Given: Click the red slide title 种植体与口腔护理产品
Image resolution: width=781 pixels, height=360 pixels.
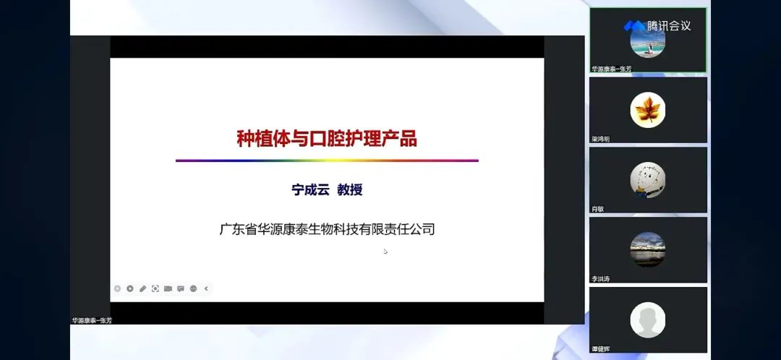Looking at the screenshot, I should (327, 137).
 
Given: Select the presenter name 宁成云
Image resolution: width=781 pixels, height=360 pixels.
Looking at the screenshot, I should (310, 190).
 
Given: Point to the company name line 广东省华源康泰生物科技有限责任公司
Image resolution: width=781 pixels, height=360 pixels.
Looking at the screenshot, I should (327, 230).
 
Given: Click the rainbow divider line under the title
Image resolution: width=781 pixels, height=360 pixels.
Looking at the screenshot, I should (327, 160).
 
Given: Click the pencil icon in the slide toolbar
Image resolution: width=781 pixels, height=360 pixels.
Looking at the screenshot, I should (142, 288).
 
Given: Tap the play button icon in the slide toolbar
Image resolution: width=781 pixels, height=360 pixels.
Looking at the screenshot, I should (130, 288).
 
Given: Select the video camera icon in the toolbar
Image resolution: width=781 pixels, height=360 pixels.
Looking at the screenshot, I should (168, 288).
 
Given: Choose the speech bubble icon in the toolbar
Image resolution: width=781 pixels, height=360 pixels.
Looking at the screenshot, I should (180, 288).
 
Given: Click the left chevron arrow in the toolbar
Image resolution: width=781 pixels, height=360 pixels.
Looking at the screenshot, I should (206, 288).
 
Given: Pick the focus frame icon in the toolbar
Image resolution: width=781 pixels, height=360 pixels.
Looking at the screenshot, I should (155, 288).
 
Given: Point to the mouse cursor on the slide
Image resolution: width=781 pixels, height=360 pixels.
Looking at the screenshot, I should (385, 252).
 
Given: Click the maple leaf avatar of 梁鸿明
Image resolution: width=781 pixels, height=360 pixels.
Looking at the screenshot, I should (647, 111).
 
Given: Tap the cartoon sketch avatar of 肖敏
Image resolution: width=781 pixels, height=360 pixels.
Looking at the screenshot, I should (647, 180).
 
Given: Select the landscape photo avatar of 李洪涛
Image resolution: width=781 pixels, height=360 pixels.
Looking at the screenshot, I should (647, 249).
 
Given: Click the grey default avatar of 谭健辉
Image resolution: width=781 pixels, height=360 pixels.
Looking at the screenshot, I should (647, 320).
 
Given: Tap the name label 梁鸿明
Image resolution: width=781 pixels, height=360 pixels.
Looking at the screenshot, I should (601, 139).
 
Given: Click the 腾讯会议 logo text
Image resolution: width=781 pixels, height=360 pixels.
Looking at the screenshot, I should (669, 26).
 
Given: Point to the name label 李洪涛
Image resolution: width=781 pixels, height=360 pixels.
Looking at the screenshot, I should (601, 278).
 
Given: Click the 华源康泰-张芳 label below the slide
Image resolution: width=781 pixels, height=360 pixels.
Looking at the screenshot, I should (92, 320).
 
